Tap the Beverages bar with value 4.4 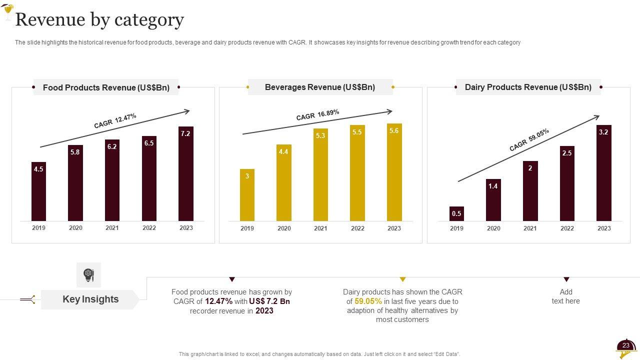point(283,182)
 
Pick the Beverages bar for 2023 point(394,172)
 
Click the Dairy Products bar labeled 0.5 point(456,213)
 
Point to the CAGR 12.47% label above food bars point(115,121)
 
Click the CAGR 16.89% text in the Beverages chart point(317,115)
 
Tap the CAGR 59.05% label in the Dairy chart point(529,140)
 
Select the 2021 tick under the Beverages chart point(320,228)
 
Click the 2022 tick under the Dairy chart point(567,228)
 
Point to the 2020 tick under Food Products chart point(75,228)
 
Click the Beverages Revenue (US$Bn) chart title point(320,87)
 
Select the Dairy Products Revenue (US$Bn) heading point(528,87)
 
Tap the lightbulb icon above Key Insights point(88,274)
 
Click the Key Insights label point(90,299)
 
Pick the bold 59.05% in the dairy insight point(368,301)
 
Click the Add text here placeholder point(565,296)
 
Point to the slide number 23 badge point(625,346)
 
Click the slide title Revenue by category point(100,20)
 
